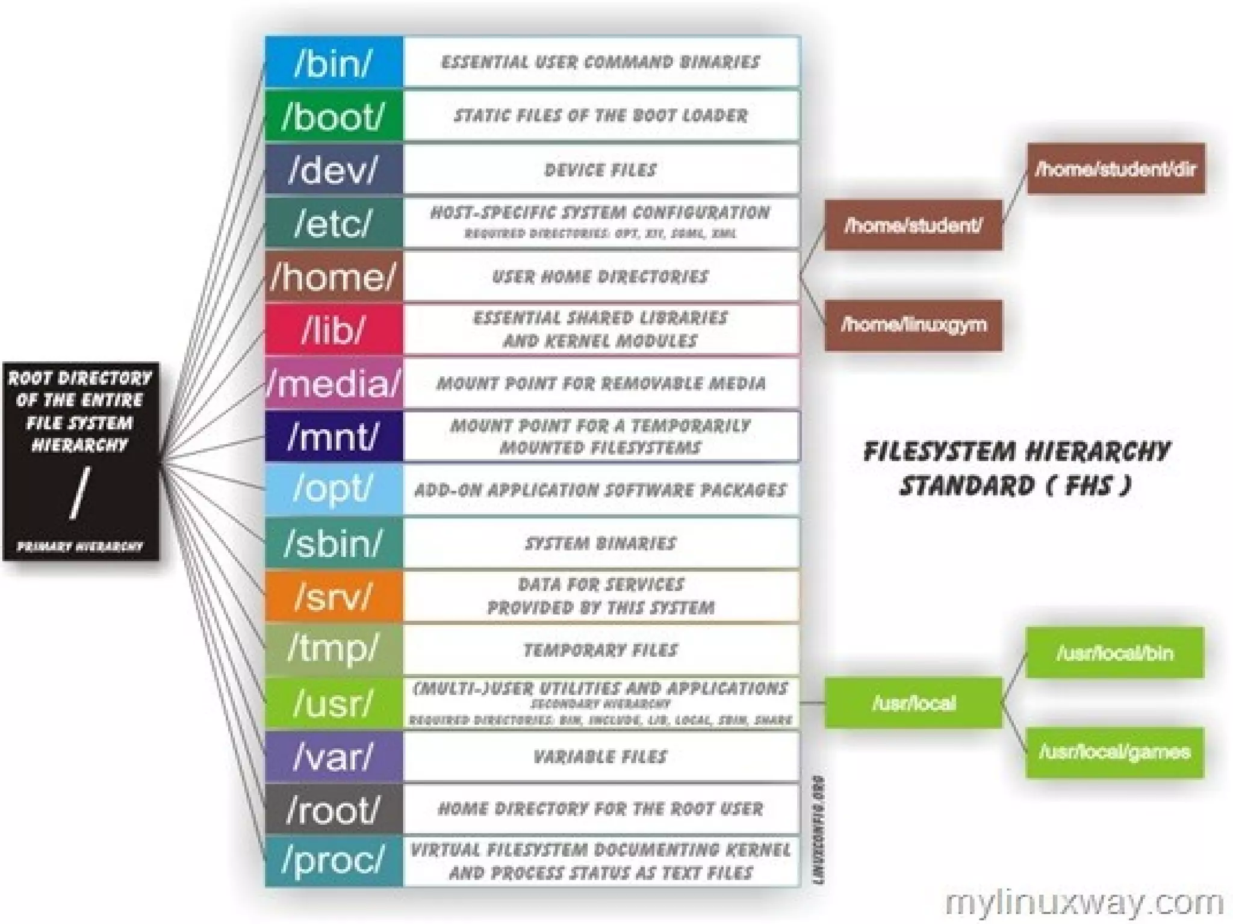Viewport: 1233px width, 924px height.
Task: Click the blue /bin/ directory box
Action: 334,62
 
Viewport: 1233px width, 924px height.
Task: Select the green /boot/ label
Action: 334,116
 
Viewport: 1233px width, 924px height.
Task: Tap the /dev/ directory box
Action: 334,169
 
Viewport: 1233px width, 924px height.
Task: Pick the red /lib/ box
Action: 334,329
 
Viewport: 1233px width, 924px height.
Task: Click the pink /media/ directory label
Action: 334,383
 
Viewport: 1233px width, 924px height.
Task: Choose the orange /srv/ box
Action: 334,596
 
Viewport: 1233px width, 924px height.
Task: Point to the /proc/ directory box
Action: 334,861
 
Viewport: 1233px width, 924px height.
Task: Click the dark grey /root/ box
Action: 334,808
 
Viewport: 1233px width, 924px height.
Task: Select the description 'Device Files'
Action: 600,170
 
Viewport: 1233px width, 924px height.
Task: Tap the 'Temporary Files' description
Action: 600,650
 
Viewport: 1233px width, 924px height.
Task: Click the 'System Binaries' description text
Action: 600,543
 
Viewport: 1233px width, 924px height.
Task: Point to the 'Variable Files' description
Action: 600,756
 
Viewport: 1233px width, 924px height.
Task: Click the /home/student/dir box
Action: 1116,169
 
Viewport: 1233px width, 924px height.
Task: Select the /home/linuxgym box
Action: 913,325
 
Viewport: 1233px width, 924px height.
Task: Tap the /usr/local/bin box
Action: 1114,653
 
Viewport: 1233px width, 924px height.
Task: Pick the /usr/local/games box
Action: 1114,752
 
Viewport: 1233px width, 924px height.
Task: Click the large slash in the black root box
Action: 79,493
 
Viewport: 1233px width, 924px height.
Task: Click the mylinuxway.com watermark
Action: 1084,904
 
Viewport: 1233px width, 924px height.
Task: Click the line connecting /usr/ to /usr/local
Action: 812,702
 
